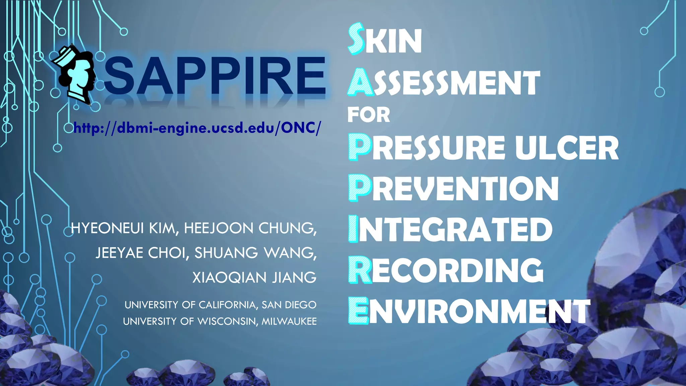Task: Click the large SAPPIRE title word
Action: point(214,76)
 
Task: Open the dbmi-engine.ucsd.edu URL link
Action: point(197,128)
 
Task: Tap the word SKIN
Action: point(385,40)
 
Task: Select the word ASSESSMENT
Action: point(444,83)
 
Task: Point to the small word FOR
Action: point(369,115)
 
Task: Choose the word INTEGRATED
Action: point(450,229)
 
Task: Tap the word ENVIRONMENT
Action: point(469,311)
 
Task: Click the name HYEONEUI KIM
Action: point(123,228)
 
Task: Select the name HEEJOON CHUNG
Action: point(250,228)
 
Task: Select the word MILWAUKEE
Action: point(289,321)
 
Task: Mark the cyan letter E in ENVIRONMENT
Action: point(358,311)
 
